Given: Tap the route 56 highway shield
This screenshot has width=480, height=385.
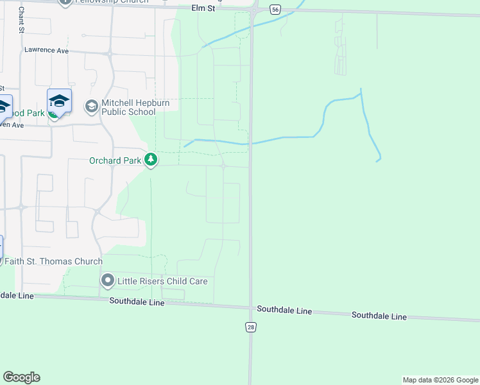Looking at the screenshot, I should click(x=275, y=9).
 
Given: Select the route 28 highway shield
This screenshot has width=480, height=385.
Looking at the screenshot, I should click(x=250, y=327).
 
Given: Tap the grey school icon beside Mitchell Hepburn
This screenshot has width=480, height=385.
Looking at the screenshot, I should click(x=91, y=106).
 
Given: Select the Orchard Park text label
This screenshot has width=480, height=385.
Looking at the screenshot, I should click(x=115, y=160).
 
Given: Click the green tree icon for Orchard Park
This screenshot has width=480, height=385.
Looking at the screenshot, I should click(x=151, y=159).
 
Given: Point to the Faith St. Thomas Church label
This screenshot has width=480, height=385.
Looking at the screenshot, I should click(x=53, y=261).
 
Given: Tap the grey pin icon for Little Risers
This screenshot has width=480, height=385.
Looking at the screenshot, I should click(x=107, y=280).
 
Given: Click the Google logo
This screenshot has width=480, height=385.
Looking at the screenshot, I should click(x=21, y=377).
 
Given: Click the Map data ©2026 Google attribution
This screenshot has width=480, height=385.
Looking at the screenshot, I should click(x=440, y=380).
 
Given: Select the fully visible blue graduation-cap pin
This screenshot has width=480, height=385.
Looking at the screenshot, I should click(x=59, y=101).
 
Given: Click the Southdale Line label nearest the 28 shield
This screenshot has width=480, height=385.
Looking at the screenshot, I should click(x=284, y=310).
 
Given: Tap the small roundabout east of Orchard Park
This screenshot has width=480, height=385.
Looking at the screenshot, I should click(x=223, y=166).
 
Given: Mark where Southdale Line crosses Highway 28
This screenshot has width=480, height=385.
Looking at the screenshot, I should click(x=250, y=307).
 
